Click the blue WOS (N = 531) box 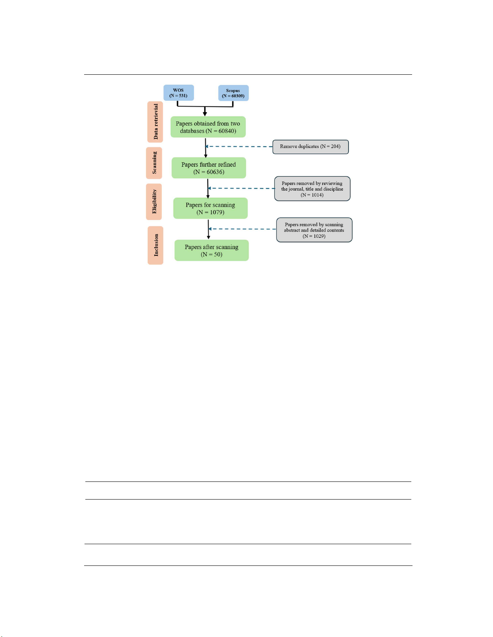178,92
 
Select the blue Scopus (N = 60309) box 233,93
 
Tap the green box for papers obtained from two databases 208,127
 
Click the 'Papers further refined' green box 208,168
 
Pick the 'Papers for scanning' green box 210,209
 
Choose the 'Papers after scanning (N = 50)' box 212,250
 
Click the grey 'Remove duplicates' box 310,147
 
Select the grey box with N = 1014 312,189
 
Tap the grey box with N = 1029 314,230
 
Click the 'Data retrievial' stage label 155,122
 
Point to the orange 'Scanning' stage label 154,163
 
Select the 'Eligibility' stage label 154,202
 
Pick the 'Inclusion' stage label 155,246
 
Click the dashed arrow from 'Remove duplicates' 239,146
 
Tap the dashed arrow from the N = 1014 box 241,188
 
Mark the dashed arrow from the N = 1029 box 242,229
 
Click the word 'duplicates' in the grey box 308,146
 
